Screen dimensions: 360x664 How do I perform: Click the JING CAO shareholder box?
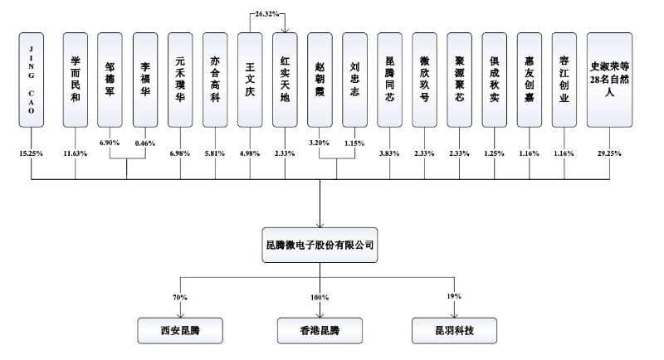[x=32, y=80]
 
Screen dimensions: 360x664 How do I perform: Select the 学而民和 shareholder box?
[x=76, y=80]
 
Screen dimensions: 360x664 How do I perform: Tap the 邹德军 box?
[x=111, y=80]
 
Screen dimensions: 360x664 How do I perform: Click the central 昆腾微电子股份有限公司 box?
[x=320, y=246]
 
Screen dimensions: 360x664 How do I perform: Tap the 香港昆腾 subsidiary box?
[x=320, y=331]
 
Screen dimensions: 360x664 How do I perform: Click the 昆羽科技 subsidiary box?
[x=455, y=331]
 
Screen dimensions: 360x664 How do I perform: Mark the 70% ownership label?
[x=179, y=296]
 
